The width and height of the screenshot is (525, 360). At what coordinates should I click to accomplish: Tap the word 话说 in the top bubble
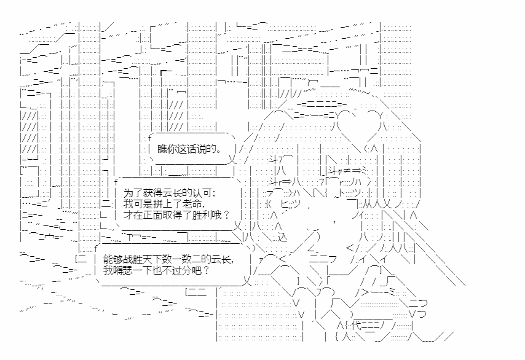pos(192,149)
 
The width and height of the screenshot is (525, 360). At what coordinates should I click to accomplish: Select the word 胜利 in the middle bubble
pos(194,214)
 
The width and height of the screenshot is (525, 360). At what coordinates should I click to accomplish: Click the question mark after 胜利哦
pos(227,214)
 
